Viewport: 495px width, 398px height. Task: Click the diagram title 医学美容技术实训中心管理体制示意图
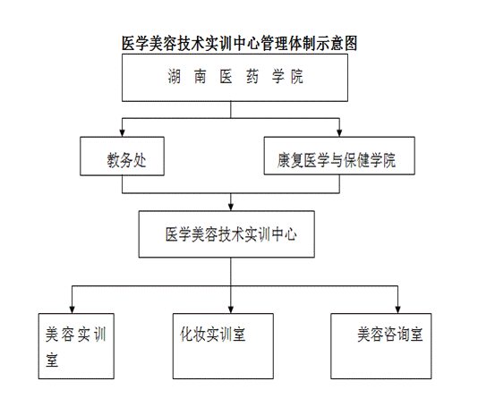click(239, 43)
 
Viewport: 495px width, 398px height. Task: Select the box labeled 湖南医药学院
click(235, 78)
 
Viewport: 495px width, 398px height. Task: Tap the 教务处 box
click(122, 157)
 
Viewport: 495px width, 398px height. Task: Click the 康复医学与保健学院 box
click(339, 156)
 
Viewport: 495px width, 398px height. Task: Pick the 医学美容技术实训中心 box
click(226, 234)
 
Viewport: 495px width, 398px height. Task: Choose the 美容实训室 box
click(76, 346)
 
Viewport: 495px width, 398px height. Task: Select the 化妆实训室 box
click(223, 346)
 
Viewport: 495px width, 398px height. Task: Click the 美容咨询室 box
click(381, 346)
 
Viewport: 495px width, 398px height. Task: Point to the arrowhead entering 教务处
click(122, 132)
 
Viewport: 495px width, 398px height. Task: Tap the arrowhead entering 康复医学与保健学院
click(339, 132)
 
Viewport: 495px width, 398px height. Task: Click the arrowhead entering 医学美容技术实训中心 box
click(231, 207)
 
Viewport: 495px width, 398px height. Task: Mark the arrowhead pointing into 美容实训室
click(72, 309)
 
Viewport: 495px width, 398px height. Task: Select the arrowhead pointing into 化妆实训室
click(231, 309)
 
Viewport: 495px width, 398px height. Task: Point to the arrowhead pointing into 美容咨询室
click(397, 309)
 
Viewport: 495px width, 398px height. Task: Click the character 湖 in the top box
click(175, 77)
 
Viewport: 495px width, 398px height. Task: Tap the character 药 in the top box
click(252, 77)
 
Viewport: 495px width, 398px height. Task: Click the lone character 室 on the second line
click(52, 360)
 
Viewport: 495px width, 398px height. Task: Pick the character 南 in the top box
click(201, 77)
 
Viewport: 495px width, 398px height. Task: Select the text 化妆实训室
click(213, 334)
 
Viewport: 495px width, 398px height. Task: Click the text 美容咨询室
click(390, 334)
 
